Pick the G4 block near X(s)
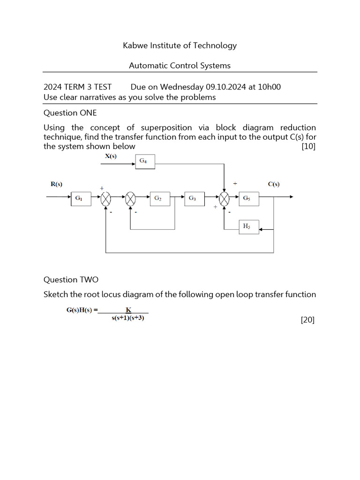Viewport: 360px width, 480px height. [x=144, y=162]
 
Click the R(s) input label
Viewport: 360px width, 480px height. [x=56, y=184]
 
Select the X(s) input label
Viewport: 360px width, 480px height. [x=111, y=157]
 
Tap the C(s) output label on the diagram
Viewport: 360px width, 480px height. [x=274, y=184]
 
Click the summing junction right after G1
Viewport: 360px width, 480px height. [x=106, y=199]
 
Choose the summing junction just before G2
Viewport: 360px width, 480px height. [x=130, y=199]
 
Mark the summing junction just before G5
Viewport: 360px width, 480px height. [x=225, y=199]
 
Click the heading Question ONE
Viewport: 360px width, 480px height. [x=70, y=113]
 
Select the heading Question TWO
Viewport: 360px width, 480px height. [x=71, y=280]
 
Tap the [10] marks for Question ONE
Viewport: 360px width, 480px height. [x=308, y=146]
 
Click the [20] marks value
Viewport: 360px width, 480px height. [x=307, y=320]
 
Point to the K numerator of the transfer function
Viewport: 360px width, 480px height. [x=128, y=310]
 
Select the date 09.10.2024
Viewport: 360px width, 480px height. [x=225, y=87]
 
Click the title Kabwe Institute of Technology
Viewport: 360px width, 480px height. [x=180, y=45]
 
